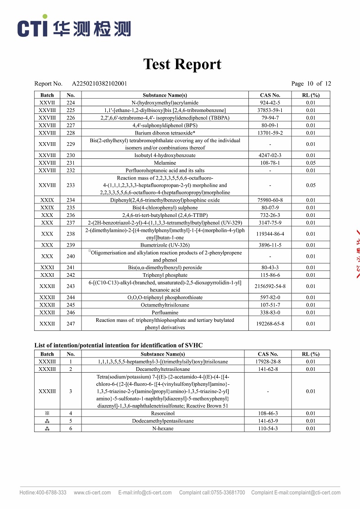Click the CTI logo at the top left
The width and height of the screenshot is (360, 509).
tap(74, 28)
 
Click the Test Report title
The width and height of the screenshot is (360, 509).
tap(182, 64)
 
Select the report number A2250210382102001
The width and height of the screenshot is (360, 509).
tap(99, 84)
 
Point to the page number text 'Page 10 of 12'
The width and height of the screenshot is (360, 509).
tap(311, 84)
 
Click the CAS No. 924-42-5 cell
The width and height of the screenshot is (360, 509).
tap(270, 103)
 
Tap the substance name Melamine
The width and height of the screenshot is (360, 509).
tap(165, 163)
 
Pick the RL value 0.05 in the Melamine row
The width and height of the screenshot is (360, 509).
tap(310, 163)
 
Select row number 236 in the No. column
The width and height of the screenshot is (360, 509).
tap(71, 215)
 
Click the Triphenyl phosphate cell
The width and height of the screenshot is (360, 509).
tap(165, 275)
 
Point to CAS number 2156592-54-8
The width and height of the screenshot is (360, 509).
tap(270, 286)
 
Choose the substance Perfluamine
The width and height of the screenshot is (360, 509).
tap(165, 312)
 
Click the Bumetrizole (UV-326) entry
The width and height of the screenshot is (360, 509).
tap(165, 245)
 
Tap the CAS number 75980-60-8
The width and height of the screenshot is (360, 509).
tap(270, 200)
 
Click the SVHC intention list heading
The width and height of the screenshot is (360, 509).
tap(118, 345)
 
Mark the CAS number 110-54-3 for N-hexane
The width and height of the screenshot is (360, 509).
tap(268, 428)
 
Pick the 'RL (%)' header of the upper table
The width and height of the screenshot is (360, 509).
tap(310, 95)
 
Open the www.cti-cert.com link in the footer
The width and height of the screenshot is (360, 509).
tap(92, 492)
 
